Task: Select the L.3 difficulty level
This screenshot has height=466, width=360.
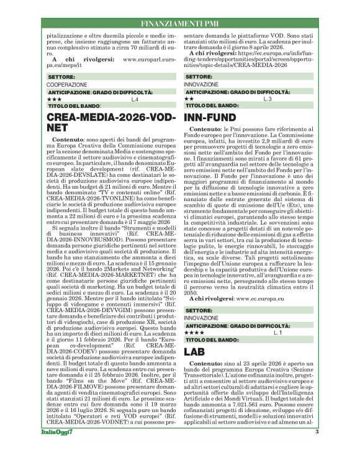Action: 267,99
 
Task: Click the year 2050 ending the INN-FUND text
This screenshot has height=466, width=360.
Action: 192,291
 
